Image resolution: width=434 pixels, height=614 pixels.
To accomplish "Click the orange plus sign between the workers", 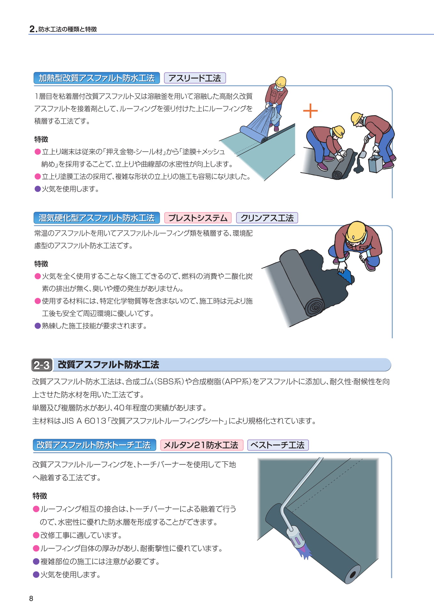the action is point(310,111).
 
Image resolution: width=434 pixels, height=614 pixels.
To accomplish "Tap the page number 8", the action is point(31,599).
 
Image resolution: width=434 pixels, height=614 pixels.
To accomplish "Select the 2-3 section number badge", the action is point(42,365).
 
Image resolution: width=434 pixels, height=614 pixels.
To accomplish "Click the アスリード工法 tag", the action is point(195,78).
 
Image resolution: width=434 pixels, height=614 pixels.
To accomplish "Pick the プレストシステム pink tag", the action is point(198,218).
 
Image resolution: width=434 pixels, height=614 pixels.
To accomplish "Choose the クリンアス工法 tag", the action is point(267,218).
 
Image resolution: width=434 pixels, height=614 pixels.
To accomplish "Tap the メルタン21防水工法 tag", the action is point(201,445).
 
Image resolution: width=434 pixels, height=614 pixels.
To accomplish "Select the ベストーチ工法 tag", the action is point(278,445).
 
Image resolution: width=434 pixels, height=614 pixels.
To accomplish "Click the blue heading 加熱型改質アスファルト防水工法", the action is point(97,78).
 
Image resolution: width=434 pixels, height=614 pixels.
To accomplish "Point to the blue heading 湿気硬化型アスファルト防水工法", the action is point(97,218).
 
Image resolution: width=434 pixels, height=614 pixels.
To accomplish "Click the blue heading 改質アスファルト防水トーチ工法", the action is point(94,445).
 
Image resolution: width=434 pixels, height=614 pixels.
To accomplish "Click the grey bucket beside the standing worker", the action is point(375,163).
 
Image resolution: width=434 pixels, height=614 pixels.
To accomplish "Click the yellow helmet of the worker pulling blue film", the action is point(281,81).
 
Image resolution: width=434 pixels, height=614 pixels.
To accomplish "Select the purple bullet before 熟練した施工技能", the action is point(37,326).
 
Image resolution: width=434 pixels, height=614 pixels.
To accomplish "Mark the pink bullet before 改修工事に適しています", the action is point(36,535).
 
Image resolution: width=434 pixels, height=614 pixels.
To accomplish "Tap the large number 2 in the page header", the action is point(32,29).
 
